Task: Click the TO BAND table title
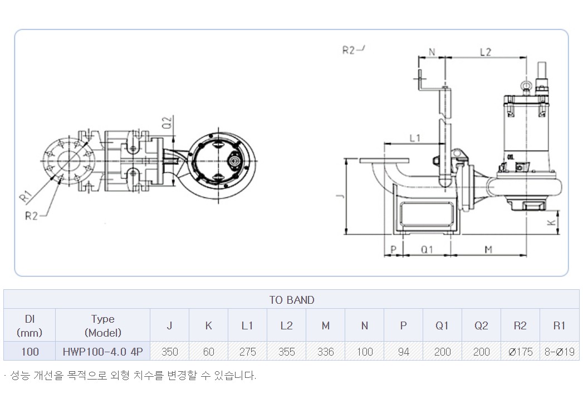pos(292,300)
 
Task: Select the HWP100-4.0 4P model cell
pos(102,351)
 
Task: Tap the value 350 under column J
pos(169,351)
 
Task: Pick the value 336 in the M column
pos(325,351)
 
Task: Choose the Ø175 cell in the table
pos(520,351)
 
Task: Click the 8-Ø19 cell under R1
pos(559,351)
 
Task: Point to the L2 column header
pos(286,325)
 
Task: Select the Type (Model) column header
pos(102,325)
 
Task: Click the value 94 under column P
pos(403,351)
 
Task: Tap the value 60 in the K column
pos(209,351)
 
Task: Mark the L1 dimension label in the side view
pos(415,138)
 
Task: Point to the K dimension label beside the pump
pos(552,222)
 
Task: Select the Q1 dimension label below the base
pos(427,249)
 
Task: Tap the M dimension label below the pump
pos(488,249)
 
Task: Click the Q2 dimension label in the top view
pos(168,123)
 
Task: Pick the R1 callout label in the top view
pos(26,196)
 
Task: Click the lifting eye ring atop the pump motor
pos(527,86)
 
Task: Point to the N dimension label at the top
pos(432,52)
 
